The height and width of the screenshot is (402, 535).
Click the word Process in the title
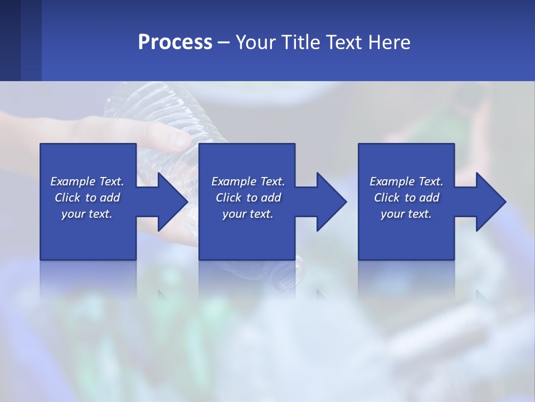click(x=175, y=42)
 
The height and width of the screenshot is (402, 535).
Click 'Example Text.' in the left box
click(x=87, y=181)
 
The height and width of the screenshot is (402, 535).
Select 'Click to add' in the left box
click(x=87, y=198)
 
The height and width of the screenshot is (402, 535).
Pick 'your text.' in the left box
click(x=87, y=214)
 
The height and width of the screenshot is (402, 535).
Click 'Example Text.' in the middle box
click(x=248, y=181)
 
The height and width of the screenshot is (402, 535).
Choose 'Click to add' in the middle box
click(x=248, y=198)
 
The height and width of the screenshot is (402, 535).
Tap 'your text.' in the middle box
click(x=248, y=214)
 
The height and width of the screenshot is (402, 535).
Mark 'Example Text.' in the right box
click(x=406, y=181)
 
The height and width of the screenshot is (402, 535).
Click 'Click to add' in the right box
click(x=406, y=198)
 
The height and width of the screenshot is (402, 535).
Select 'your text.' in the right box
click(x=406, y=214)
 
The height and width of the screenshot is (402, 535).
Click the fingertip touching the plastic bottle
click(x=182, y=139)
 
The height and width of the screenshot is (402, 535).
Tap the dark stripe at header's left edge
click(x=10, y=40)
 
